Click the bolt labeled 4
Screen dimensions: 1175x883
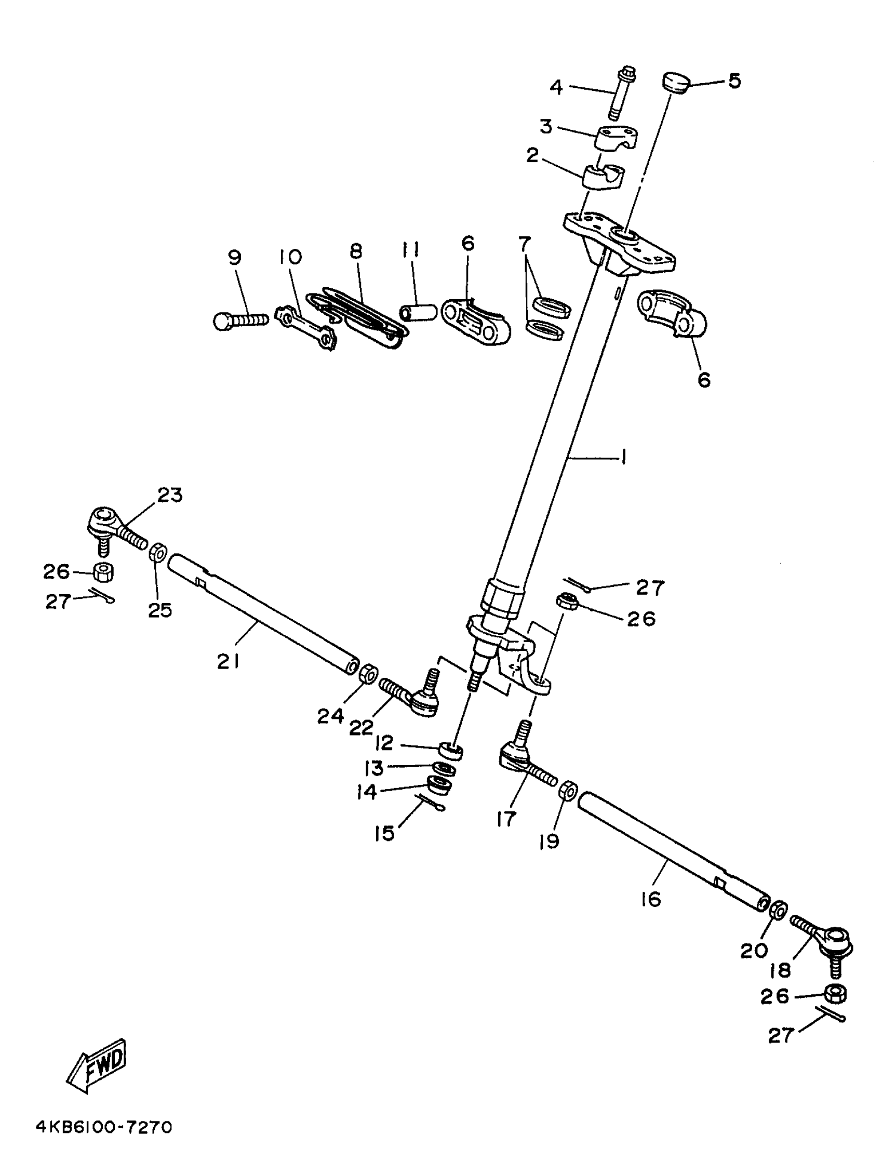click(x=626, y=93)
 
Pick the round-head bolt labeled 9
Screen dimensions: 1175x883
click(x=239, y=321)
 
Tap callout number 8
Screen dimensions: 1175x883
click(x=356, y=251)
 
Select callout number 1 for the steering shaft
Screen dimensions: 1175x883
click(x=623, y=456)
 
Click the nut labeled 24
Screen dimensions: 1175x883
click(x=368, y=675)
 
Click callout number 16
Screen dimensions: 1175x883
click(x=651, y=899)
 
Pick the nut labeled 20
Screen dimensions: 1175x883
click(x=778, y=910)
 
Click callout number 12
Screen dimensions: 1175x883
click(x=384, y=743)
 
